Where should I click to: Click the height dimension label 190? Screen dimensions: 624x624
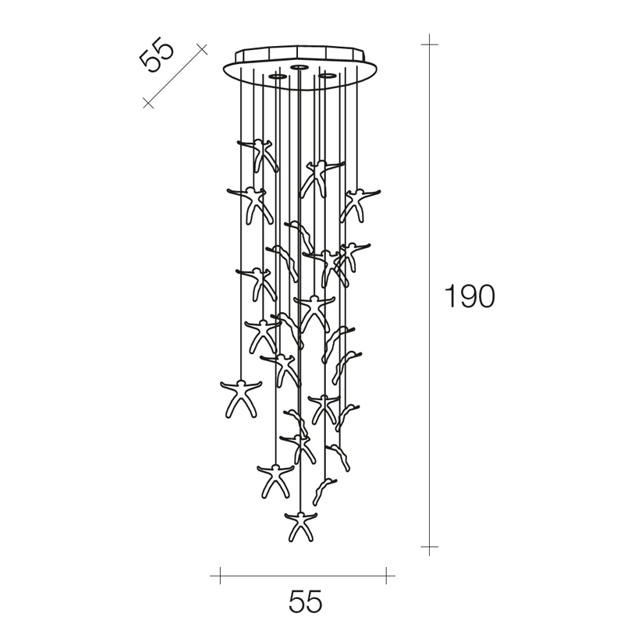click(470, 296)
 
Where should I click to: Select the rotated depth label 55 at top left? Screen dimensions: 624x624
click(157, 55)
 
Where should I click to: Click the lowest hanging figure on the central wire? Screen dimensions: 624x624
click(301, 526)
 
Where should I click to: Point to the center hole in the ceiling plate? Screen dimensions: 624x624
click(298, 67)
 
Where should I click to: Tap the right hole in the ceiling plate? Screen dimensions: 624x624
click(327, 75)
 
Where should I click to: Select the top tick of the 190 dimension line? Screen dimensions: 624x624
click(430, 44)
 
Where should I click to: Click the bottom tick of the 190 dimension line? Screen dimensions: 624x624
click(430, 547)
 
